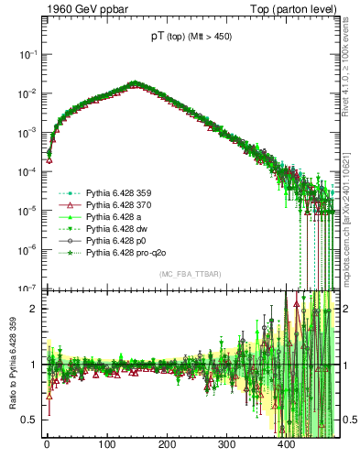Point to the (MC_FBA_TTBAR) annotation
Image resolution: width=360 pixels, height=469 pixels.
point(190,276)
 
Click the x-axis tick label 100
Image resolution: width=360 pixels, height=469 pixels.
point(107,445)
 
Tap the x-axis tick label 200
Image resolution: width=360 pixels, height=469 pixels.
point(167,445)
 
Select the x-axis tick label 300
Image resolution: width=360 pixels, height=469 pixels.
point(226,445)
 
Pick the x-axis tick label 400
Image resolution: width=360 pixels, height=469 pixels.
point(286,445)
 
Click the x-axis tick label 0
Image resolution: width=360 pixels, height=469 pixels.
point(47,445)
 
